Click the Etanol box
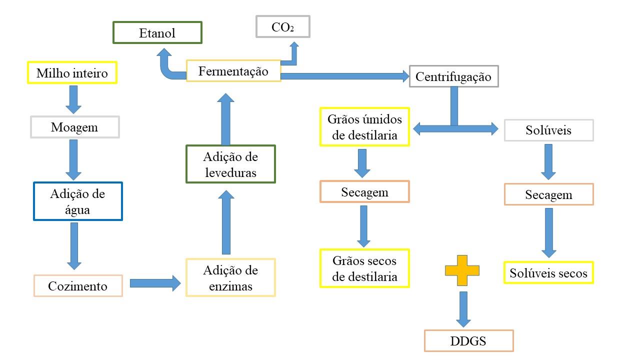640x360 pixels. [157, 33]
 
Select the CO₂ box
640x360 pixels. [282, 26]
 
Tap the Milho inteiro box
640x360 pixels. [72, 73]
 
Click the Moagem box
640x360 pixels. [74, 127]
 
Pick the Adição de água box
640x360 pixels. [77, 201]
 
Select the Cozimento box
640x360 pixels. [77, 286]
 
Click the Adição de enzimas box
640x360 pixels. [230, 278]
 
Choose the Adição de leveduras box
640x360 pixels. [230, 164]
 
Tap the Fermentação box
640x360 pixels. [233, 71]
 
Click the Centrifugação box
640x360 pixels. [453, 76]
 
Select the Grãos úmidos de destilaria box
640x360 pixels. [364, 127]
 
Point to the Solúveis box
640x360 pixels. [548, 130]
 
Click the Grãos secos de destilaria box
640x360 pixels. [364, 268]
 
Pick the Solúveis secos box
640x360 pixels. [548, 273]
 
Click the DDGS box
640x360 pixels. [468, 341]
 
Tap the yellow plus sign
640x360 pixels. [462, 270]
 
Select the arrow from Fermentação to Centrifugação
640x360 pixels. [345, 76]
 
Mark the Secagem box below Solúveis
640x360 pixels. [548, 194]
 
